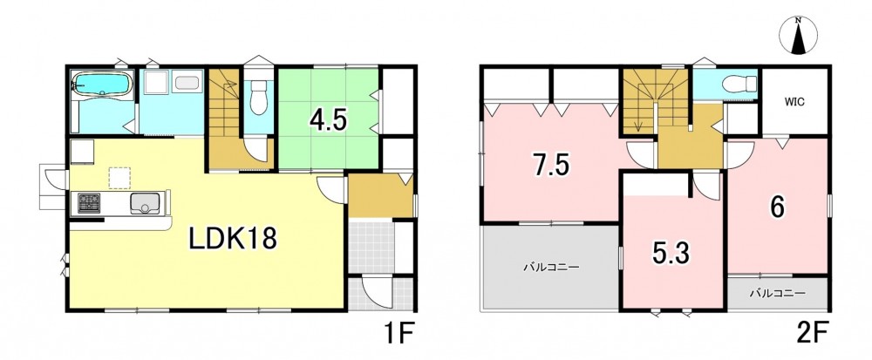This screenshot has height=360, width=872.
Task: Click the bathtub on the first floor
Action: click(102, 85)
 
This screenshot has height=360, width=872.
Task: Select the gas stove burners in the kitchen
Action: click(89, 202)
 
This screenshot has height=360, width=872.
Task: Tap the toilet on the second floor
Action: click(739, 85)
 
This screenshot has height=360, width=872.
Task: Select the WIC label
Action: click(794, 102)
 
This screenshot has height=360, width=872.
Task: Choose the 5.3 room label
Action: click(671, 254)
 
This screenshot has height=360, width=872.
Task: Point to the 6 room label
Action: click(777, 207)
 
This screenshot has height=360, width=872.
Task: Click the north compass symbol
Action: click(798, 36)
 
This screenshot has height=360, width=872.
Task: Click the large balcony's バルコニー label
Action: click(551, 268)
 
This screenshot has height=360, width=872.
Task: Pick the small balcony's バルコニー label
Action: click(777, 292)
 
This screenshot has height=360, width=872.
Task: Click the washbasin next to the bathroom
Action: click(187, 84)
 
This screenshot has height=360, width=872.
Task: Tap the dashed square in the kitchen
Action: click(119, 178)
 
